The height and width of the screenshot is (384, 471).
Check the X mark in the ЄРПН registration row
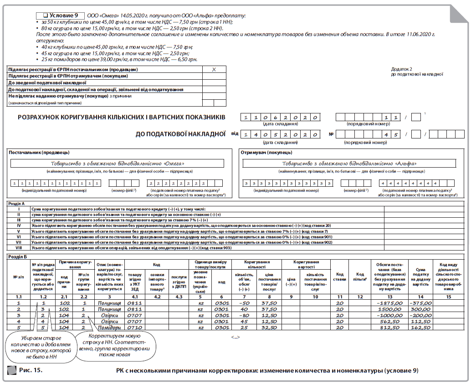(x=214, y=70)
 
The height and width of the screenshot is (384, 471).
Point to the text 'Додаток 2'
(x=401, y=69)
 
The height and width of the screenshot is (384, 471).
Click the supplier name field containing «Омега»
(x=118, y=164)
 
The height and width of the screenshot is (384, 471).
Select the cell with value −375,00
(x=420, y=303)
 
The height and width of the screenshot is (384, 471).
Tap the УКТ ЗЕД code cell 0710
(x=135, y=327)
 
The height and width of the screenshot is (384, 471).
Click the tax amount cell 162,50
(x=420, y=327)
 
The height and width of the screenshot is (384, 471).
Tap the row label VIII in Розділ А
(x=19, y=248)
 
